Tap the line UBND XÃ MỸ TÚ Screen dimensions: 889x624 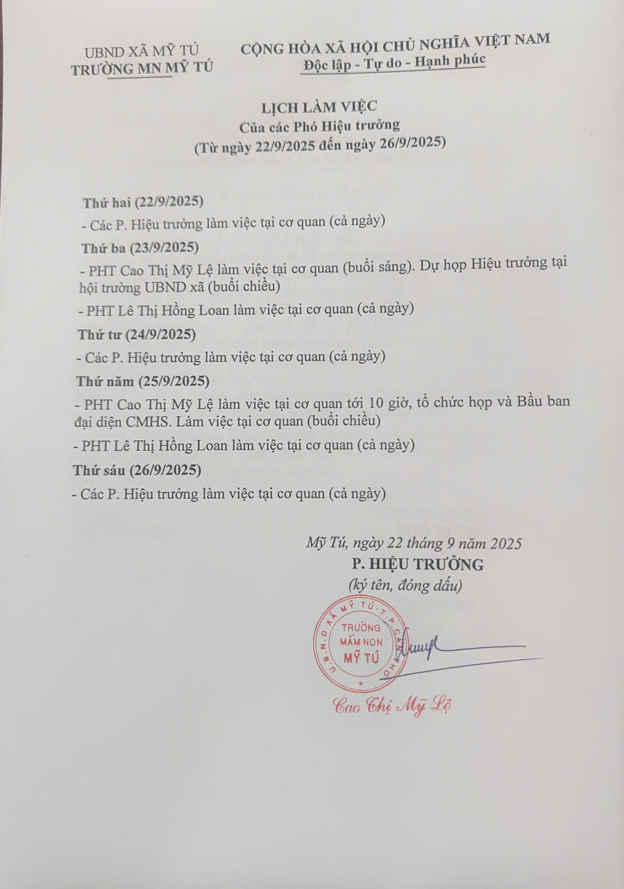(141, 51)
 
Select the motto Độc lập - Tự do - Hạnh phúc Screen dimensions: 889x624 (394, 60)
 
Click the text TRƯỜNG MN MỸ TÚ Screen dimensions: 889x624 (142, 68)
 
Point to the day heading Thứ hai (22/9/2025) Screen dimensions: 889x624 (142, 202)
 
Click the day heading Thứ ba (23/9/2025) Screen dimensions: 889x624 (140, 248)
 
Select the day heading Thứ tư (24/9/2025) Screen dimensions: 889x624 (136, 334)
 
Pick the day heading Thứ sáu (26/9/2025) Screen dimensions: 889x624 (137, 470)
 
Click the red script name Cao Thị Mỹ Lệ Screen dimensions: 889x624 (393, 706)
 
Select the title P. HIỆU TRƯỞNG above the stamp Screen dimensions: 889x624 (418, 564)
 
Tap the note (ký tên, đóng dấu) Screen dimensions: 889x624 (405, 585)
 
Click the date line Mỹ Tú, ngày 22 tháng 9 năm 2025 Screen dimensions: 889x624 (414, 543)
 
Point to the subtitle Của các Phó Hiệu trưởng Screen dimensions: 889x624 (320, 126)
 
